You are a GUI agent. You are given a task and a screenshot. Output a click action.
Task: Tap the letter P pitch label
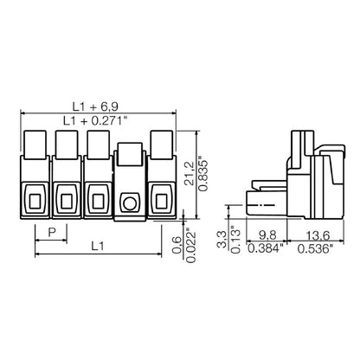52,232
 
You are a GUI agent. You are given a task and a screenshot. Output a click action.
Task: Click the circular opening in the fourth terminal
129,202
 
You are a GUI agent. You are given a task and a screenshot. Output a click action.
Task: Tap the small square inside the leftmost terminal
35,202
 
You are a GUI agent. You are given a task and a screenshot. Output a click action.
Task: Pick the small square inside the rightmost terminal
160,202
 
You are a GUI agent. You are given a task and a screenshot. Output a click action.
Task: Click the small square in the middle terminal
98,202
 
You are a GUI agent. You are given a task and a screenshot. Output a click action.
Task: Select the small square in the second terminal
67,202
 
